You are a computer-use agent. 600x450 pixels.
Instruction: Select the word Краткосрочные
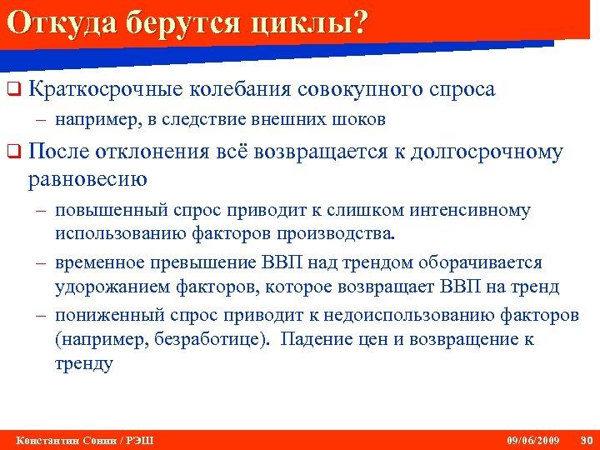coord(102,88)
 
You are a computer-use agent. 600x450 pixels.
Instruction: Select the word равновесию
coord(87,177)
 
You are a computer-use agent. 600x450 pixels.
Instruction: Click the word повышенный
coord(103,211)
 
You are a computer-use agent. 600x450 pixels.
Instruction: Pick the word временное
coord(98,263)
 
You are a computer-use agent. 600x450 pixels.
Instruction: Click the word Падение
coord(316,340)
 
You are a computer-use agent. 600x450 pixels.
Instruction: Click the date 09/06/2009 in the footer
coord(533,440)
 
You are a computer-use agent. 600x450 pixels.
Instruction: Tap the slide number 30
coord(585,440)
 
